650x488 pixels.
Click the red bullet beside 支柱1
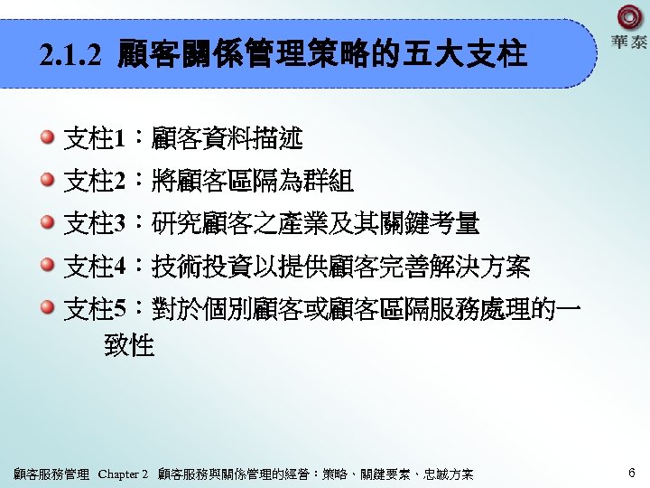pos(47,138)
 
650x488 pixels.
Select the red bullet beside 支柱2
pos(47,181)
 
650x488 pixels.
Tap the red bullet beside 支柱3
pos(47,222)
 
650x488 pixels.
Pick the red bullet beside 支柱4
pos(47,266)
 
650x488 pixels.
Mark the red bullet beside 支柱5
pos(47,307)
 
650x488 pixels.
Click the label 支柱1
pos(94,139)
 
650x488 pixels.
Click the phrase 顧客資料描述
pos(227,139)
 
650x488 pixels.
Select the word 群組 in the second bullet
pos(328,182)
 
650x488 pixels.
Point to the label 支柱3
pos(94,223)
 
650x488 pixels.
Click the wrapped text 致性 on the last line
pos(129,345)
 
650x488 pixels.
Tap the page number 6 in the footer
pos(631,472)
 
